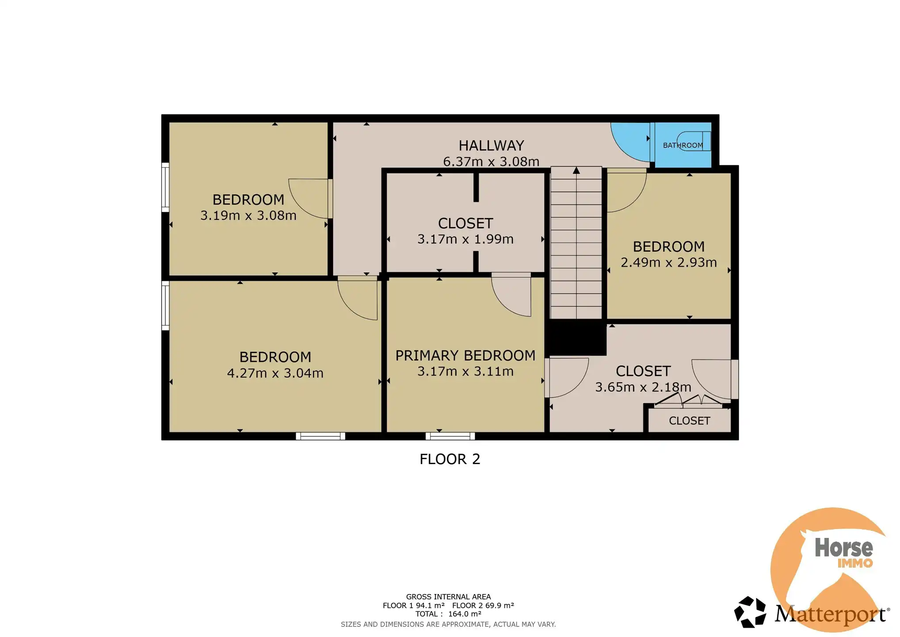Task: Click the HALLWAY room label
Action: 491,146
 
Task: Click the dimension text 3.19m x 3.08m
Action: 248,215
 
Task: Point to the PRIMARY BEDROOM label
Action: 465,355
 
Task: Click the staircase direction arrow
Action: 576,170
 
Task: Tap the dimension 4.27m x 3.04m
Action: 275,373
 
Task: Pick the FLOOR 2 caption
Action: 450,459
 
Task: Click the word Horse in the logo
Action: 843,548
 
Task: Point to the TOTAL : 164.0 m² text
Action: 448,614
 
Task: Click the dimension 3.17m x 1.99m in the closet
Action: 465,239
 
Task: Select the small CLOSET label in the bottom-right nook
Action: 689,421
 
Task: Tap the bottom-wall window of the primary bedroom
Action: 450,436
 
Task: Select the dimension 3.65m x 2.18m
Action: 643,387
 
